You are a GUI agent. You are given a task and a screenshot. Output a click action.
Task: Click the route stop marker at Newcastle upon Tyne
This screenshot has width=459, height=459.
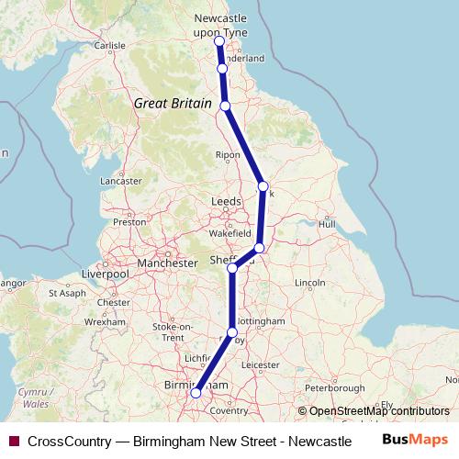219,41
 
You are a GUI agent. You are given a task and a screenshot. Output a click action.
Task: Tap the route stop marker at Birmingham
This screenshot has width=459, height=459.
195,393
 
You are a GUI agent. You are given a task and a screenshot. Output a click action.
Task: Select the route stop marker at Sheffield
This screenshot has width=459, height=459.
233,268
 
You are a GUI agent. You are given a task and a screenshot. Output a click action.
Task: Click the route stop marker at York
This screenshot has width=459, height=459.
263,186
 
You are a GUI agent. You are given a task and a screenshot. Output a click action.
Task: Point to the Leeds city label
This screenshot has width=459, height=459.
226,200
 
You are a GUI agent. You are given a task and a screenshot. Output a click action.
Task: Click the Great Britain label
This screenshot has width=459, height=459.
172,104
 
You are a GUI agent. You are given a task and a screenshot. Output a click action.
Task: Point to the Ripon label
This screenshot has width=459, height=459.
228,155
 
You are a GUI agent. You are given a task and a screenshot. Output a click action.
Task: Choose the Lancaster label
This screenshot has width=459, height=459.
121,182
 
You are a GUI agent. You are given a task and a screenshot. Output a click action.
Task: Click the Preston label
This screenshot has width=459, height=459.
129,221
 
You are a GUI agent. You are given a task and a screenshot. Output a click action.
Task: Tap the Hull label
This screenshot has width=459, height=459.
327,223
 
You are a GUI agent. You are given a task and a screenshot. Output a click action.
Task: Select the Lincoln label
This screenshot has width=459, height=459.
311,281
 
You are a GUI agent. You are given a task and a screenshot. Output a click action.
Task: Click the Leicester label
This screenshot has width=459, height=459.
261,364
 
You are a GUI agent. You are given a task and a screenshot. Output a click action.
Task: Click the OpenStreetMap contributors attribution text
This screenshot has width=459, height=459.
378,411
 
